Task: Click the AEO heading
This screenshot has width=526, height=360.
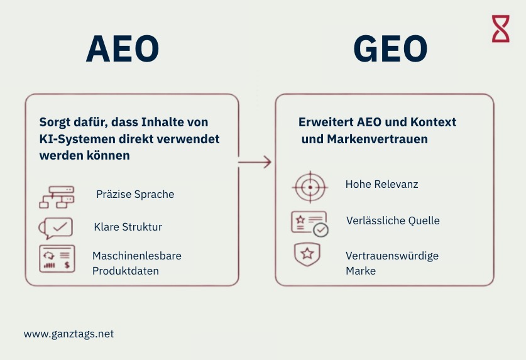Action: click(123, 48)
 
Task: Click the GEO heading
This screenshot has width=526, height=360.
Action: click(390, 48)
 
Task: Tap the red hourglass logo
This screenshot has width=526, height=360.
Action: click(500, 29)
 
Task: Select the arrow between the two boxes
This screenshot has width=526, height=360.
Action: click(255, 162)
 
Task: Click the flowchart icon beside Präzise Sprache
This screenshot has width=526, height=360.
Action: click(57, 197)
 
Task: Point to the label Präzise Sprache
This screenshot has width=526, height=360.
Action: click(135, 194)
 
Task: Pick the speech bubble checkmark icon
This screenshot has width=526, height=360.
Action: click(56, 227)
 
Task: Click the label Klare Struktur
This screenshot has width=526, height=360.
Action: click(128, 227)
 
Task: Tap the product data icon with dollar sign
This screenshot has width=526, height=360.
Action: click(57, 259)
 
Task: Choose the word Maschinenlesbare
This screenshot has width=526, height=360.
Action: click(137, 256)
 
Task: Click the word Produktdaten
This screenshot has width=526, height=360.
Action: click(126, 271)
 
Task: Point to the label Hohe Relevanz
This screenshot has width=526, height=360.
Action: click(381, 184)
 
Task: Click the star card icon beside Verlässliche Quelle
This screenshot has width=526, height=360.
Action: click(309, 223)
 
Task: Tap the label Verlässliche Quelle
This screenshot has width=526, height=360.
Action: click(393, 221)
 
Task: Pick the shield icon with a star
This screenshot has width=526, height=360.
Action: click(307, 254)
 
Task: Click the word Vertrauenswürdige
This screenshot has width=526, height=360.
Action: click(392, 256)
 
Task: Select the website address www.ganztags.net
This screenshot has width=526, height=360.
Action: click(69, 334)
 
